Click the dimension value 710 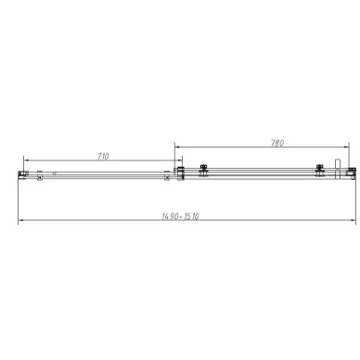coord(103,156)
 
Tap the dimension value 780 coord(277,143)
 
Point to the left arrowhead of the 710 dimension coord(27,161)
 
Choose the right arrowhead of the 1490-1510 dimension coord(353,222)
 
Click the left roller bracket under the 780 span coord(203,170)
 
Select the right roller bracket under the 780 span coord(320,170)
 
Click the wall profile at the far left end coord(22,173)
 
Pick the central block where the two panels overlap coord(182,172)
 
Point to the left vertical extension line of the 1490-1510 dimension coord(19,199)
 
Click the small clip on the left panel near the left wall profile coord(38,173)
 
